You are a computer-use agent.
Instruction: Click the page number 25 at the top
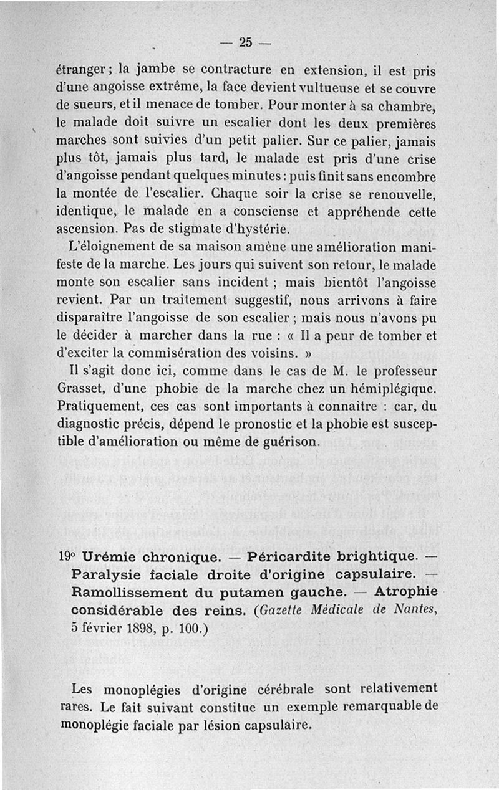coord(245,42)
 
